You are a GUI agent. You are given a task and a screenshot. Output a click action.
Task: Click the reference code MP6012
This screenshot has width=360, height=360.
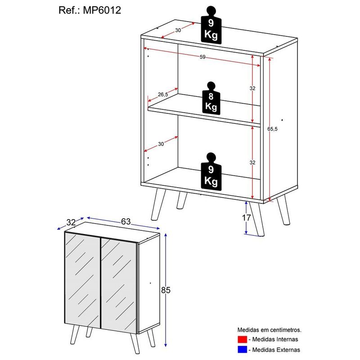[x=102, y=10]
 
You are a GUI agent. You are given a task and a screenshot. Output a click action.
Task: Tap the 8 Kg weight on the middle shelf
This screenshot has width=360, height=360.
[x=211, y=97]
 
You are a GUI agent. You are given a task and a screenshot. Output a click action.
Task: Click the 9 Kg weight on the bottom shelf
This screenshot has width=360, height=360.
[x=211, y=171]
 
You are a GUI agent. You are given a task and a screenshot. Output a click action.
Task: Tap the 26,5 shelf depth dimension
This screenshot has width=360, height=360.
[x=163, y=94]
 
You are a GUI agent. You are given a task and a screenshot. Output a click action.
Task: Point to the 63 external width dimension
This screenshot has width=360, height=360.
[x=126, y=221]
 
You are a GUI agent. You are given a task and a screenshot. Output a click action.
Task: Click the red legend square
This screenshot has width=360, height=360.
[x=243, y=339]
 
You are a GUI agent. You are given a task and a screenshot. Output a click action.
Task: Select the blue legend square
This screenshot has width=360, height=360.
[x=243, y=349]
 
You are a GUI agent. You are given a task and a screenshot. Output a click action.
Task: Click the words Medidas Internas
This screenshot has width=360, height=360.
[x=275, y=339]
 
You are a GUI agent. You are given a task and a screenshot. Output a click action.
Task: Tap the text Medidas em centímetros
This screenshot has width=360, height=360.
[x=270, y=330]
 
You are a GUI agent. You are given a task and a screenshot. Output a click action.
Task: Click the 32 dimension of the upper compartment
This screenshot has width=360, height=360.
[x=252, y=88]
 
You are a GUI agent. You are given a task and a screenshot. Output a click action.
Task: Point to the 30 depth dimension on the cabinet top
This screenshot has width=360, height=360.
[x=178, y=30]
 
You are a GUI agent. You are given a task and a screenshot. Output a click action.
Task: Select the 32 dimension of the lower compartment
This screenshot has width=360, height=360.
[x=252, y=162]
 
